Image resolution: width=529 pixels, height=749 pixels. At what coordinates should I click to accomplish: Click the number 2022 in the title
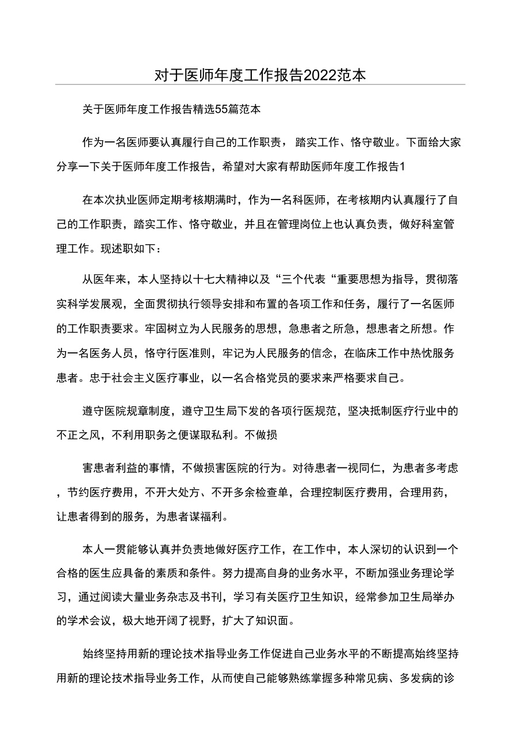tap(321, 75)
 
